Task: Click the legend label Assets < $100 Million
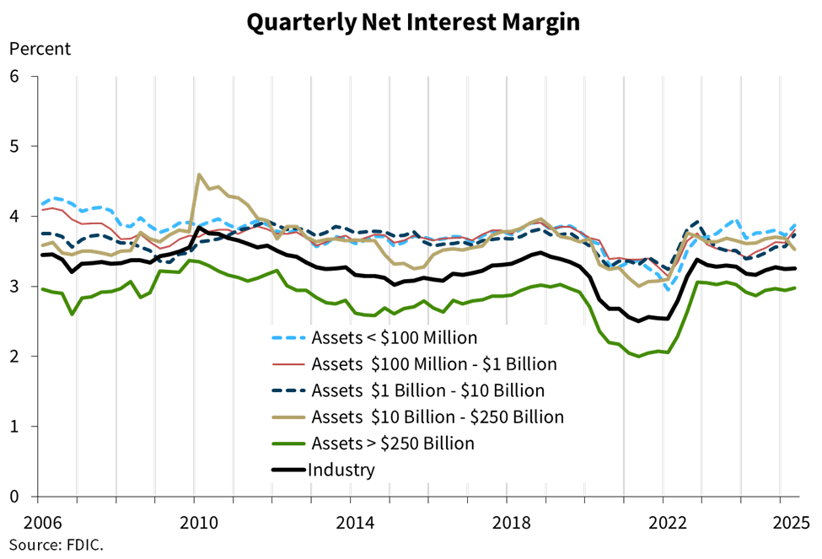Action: click(394, 338)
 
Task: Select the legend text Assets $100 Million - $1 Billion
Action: click(433, 364)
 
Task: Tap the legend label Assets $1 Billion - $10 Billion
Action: click(427, 391)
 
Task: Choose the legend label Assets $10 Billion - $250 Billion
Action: click(437, 417)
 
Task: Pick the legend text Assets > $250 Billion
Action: click(392, 443)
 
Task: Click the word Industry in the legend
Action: click(341, 470)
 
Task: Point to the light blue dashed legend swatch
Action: click(287, 338)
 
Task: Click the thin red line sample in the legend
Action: click(287, 364)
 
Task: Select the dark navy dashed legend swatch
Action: click(287, 391)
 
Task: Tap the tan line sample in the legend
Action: click(287, 417)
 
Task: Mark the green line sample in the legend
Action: click(287, 443)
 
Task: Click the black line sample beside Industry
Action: click(287, 470)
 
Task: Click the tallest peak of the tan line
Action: click(199, 175)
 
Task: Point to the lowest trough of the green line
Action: click(639, 356)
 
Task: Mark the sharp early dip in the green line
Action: click(72, 314)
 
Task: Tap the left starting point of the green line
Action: click(42, 289)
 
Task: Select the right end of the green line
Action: click(796, 288)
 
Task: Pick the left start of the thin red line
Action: click(42, 209)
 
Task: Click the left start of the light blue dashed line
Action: click(42, 203)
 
